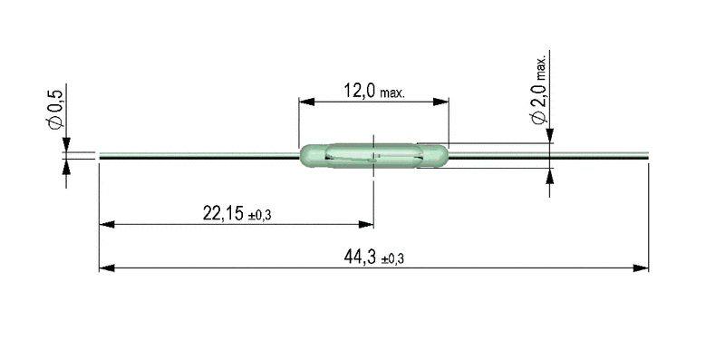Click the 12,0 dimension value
coord(359,91)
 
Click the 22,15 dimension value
coord(223,213)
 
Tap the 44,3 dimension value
coord(359,257)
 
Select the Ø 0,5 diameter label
coord(55,109)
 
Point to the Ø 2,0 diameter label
coord(539,102)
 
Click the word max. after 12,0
coord(392,93)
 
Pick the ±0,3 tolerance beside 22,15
coord(259,216)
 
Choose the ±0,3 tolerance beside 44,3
coord(392,259)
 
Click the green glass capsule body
coord(374,155)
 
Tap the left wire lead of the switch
coord(199,155)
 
